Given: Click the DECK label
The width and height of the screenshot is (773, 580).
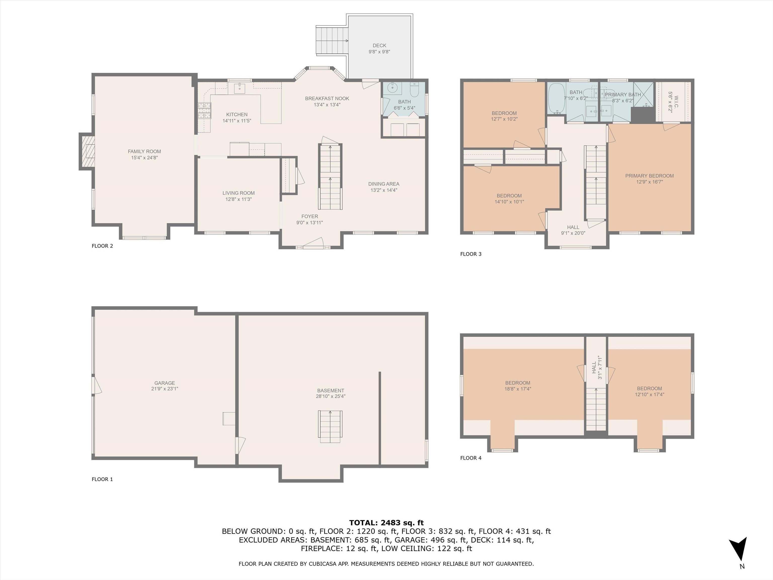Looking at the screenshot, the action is (x=379, y=46).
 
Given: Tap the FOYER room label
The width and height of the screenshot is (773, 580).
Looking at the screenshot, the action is (x=310, y=216).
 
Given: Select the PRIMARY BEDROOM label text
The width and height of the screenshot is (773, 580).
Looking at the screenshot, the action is (x=649, y=176).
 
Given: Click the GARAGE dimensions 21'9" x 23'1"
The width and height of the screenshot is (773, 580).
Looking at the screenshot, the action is (x=165, y=389).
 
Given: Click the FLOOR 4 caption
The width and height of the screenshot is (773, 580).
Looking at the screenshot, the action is (x=471, y=458).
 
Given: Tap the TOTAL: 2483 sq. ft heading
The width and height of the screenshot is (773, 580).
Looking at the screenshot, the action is (x=386, y=523).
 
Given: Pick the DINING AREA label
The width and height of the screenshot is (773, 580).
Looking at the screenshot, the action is (x=384, y=184).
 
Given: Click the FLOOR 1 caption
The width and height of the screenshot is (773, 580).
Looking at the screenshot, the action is (x=102, y=479).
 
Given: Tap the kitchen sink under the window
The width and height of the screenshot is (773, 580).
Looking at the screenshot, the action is (x=239, y=88).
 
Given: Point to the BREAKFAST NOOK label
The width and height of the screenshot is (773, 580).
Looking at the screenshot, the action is (x=327, y=99).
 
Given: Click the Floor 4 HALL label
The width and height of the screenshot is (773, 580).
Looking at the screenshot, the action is (x=594, y=368).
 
